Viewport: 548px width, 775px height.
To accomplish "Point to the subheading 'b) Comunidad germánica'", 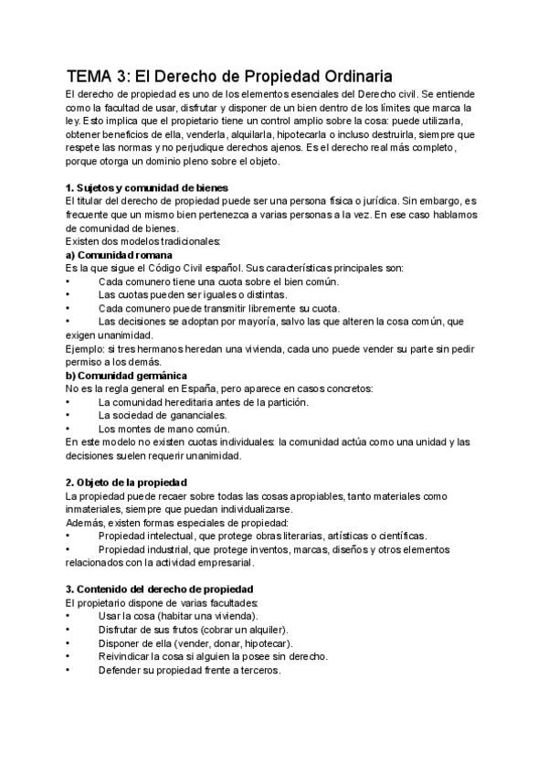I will (x=126, y=376).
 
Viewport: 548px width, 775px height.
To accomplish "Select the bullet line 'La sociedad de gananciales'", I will (x=162, y=415).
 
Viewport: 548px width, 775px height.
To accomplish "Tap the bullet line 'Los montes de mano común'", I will (x=163, y=429).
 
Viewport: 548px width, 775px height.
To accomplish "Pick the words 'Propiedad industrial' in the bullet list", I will (x=142, y=549).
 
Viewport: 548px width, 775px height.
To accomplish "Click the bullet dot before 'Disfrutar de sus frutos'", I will (x=68, y=630).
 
